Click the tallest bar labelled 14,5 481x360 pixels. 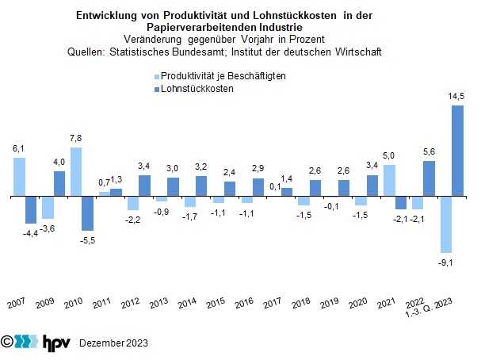tap(457, 150)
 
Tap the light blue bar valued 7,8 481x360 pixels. tap(76, 171)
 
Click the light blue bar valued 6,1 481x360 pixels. tap(19, 176)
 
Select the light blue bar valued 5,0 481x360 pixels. tap(388, 179)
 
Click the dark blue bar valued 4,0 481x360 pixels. tap(59, 183)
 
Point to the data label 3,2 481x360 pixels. tap(201, 167)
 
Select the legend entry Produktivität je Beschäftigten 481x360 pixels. tap(223, 75)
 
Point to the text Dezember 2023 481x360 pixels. tap(113, 343)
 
